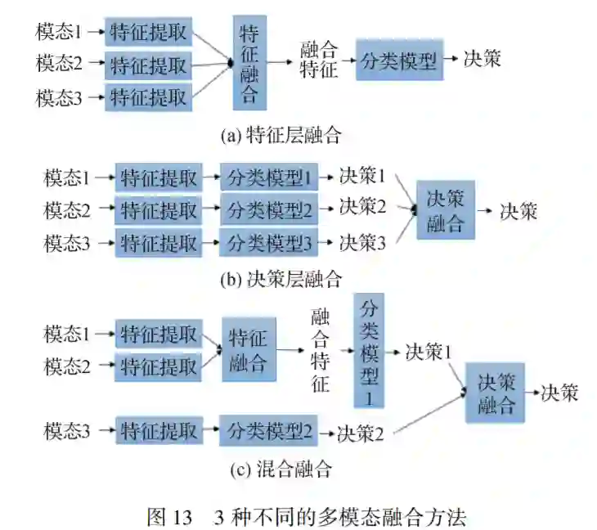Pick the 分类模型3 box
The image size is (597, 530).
[x=267, y=242]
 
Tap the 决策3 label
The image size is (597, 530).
[x=362, y=242]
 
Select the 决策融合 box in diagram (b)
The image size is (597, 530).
[x=446, y=210]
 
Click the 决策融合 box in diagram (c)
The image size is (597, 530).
[x=496, y=393]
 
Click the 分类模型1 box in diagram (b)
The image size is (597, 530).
[x=267, y=177]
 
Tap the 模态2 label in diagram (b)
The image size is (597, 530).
[x=67, y=210]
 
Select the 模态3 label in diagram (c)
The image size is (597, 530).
[x=67, y=431]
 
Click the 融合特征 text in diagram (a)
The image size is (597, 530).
[x=319, y=59]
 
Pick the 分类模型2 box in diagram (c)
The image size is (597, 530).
[x=267, y=431]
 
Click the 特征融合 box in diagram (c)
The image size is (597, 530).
[x=249, y=350]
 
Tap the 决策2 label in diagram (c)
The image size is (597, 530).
[x=360, y=432]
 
